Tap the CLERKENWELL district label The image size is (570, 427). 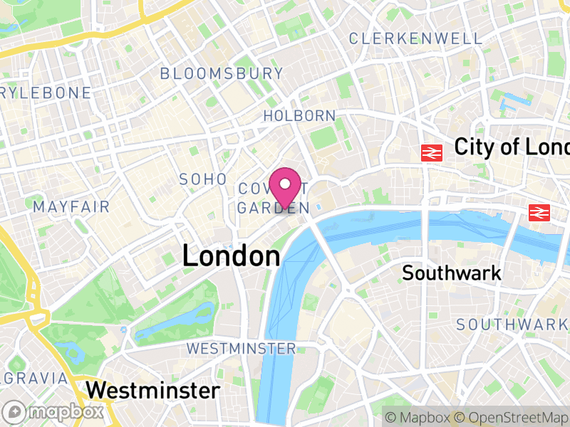[416, 38]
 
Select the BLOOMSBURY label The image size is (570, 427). [222, 73]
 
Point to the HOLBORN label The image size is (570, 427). [299, 115]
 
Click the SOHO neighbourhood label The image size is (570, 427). [203, 179]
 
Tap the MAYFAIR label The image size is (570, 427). [71, 207]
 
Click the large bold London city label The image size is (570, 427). [231, 256]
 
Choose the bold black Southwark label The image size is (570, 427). [452, 273]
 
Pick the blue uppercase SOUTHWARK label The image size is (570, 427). [512, 325]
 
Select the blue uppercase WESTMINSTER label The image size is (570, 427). [241, 349]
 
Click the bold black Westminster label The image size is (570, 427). [152, 390]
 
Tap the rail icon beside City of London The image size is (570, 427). [432, 152]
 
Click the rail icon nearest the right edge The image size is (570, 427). [539, 211]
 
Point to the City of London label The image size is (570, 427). [512, 147]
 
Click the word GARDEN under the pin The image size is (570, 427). [274, 208]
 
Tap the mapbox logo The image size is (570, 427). [53, 411]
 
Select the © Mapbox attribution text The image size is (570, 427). [418, 417]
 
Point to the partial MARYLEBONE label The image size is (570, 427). [46, 93]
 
